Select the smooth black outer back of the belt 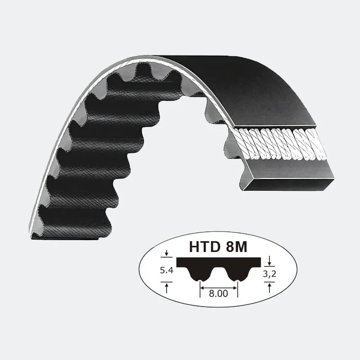(242, 87)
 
